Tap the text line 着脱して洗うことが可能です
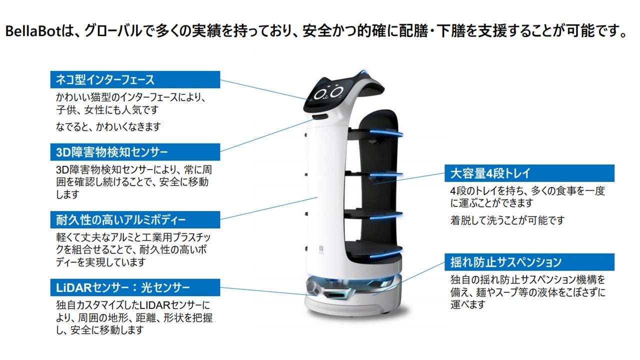(x=507, y=220)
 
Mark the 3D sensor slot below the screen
(x=318, y=117)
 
